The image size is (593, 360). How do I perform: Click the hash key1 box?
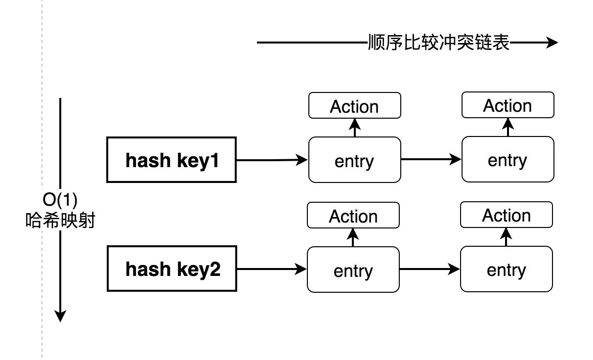pos(171,160)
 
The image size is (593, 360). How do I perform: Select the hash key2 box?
pos(172,270)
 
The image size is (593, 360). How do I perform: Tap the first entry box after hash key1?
pos(354,160)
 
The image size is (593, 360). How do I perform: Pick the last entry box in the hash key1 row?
pos(508,160)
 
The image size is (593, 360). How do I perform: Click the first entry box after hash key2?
pos(353,270)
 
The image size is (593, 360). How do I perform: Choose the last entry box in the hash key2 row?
pos(506,270)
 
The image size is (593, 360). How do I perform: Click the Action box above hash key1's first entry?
pos(354,106)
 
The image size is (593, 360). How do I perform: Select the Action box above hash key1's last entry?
pos(508,106)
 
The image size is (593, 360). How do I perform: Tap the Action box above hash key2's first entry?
pos(353,216)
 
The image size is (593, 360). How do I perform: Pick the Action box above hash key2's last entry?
pos(506,216)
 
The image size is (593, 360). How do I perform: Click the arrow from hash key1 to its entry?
pos(272,160)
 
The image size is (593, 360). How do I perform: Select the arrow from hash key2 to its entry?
pos(271,270)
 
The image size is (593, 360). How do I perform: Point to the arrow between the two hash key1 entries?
pos(431,160)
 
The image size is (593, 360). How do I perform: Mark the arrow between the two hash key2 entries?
pos(429,270)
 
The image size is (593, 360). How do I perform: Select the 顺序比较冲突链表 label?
pos(438,43)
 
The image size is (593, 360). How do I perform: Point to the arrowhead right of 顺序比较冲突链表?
pos(551,43)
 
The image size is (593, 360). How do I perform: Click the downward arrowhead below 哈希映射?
pos(60,315)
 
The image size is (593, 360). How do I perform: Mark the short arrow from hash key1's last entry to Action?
pos(508,128)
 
